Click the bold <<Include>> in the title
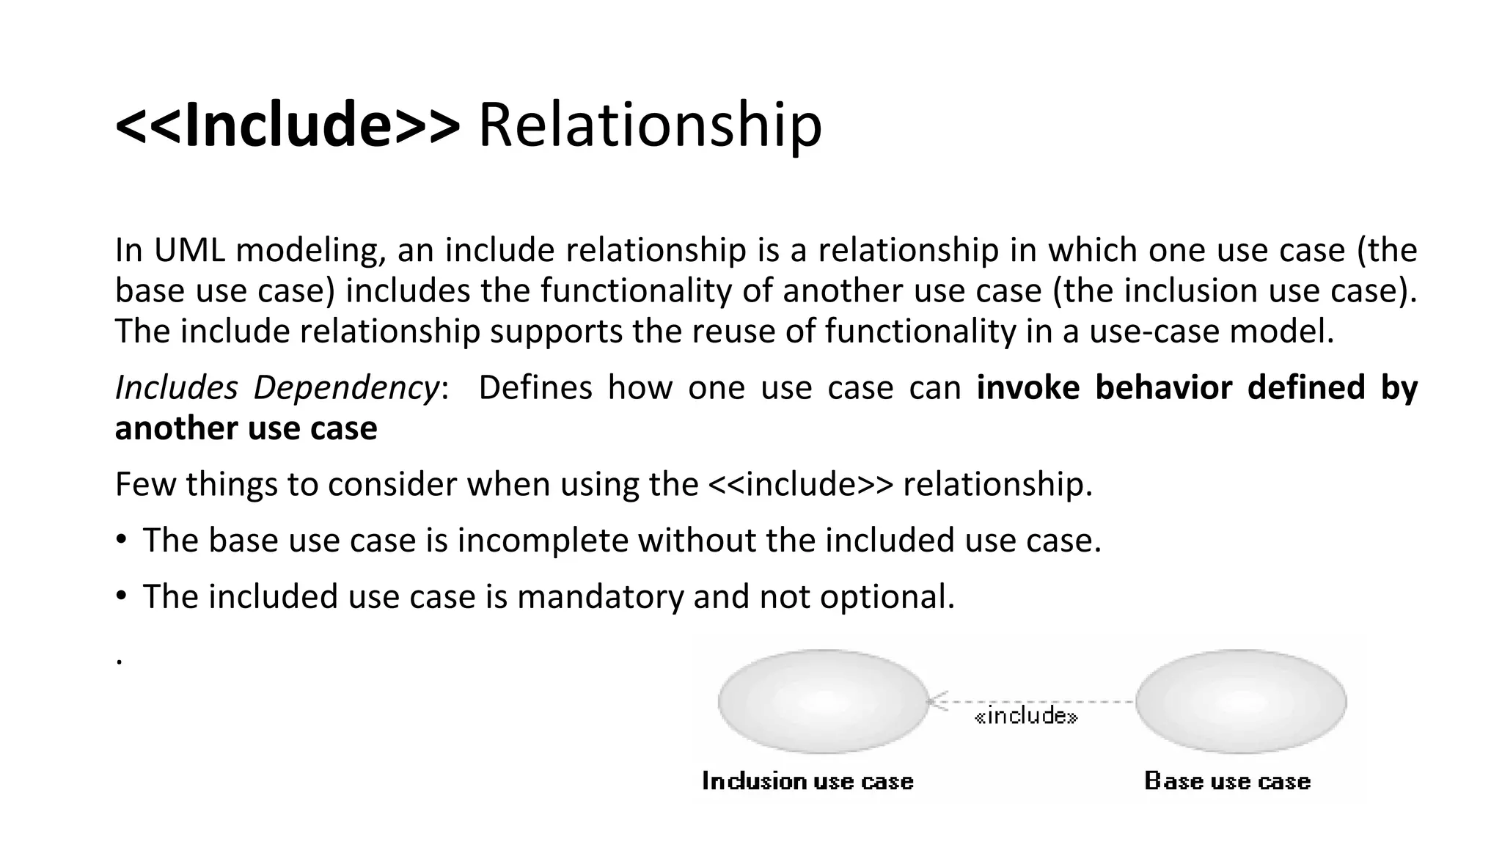tap(287, 125)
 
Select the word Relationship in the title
tap(650, 125)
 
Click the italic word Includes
tap(176, 387)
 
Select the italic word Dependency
tap(346, 387)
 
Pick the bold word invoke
tap(1028, 387)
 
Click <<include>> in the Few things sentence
tap(802, 484)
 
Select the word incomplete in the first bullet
tap(543, 541)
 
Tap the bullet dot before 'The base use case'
tap(121, 541)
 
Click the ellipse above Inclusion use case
tap(824, 701)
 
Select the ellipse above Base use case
tap(1241, 701)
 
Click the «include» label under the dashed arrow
tap(1026, 716)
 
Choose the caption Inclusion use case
tap(807, 781)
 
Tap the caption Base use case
tap(1227, 781)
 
